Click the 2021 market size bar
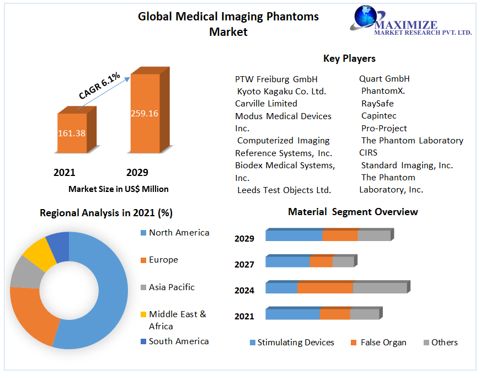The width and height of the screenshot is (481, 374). point(72,133)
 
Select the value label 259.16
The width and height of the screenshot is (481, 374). point(145,114)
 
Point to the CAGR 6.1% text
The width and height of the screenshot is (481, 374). point(99,86)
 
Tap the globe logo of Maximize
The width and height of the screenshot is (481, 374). point(365,18)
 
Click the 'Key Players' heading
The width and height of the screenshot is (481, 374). point(349,58)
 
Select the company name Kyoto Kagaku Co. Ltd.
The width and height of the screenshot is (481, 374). point(281,91)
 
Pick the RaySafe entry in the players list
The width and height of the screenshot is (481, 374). point(377,103)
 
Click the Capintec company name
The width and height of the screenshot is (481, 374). point(378,116)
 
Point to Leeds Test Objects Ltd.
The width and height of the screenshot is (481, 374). point(284,190)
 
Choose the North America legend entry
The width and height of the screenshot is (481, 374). point(179,232)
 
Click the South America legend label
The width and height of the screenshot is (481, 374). point(179,341)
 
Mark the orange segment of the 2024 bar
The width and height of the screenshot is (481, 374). point(325,288)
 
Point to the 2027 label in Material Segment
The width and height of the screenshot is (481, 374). point(244,264)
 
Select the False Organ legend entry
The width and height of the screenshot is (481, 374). point(383,343)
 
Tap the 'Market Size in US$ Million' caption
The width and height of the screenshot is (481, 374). point(119,189)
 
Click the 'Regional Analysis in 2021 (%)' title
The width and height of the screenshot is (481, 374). point(106,213)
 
